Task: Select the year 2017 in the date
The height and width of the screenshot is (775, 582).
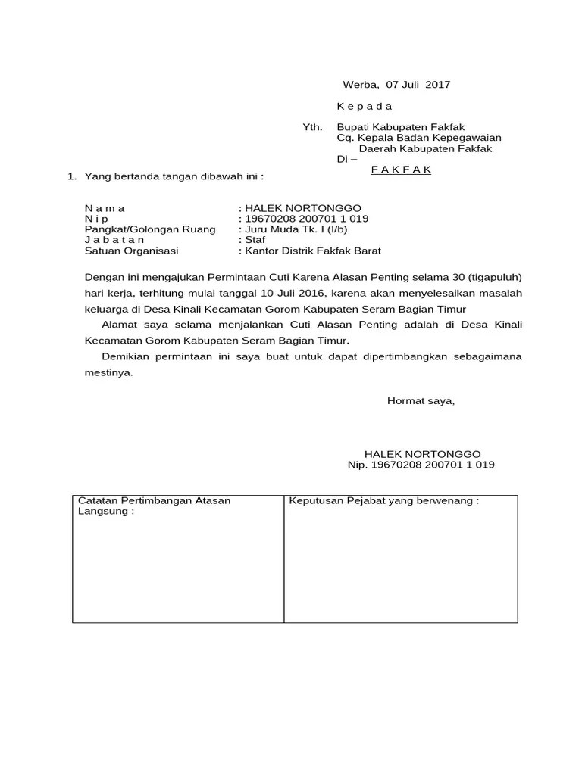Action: tap(437, 85)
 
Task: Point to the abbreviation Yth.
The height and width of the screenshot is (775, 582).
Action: tap(312, 127)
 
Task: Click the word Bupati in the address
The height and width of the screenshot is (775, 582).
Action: tap(354, 127)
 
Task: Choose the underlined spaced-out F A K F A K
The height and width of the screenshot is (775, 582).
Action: tap(401, 170)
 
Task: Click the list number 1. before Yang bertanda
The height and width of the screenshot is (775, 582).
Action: tap(72, 176)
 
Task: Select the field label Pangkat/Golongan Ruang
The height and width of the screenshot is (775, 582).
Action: tap(150, 229)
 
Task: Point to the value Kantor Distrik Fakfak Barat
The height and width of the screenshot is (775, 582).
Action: tap(311, 251)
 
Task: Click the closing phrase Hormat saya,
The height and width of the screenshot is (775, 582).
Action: tap(421, 400)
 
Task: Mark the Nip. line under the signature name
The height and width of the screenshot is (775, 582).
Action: tap(421, 465)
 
